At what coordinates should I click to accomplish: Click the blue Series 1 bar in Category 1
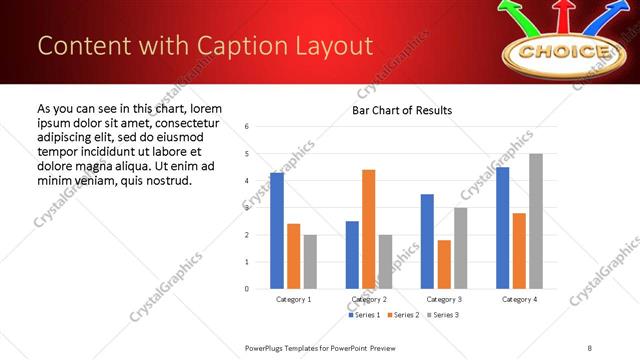tap(277, 231)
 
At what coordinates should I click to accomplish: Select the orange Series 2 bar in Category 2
tap(369, 229)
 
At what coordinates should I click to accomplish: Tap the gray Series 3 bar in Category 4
tap(536, 221)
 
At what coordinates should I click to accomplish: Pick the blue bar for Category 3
tap(427, 241)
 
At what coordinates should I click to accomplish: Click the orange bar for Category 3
tap(444, 264)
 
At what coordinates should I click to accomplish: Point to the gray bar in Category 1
tap(310, 261)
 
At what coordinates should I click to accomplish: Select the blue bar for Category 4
tap(502, 228)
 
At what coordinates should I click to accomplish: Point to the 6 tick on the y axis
tap(248, 127)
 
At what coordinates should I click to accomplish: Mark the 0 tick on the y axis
tap(248, 289)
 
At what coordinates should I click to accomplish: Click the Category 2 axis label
tap(368, 299)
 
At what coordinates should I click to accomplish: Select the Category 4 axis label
tap(519, 299)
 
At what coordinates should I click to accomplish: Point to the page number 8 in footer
tap(589, 347)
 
